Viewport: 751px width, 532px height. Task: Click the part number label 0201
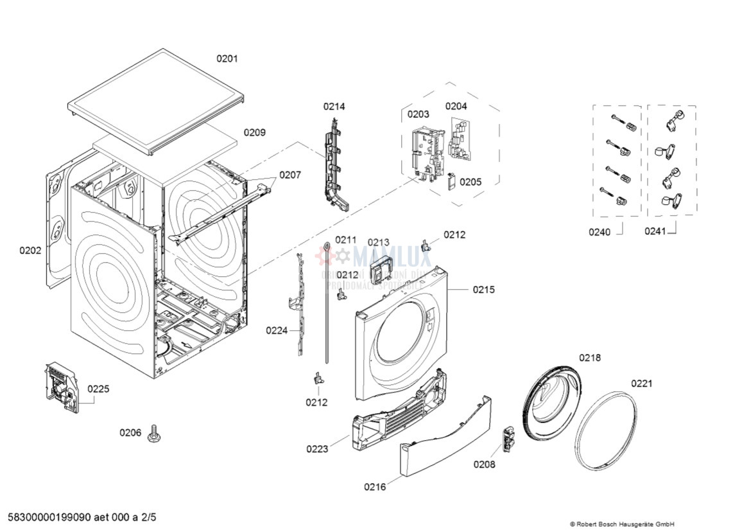[227, 58]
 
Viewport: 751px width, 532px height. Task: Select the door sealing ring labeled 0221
[605, 430]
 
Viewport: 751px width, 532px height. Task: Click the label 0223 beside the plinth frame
[317, 449]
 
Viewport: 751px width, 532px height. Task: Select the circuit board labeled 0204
[458, 140]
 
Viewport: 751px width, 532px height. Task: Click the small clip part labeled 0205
[451, 182]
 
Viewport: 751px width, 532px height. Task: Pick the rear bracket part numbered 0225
[61, 387]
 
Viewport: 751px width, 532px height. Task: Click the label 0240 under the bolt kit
[600, 232]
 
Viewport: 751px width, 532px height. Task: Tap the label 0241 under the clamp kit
[655, 231]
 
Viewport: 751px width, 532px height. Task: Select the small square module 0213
[383, 269]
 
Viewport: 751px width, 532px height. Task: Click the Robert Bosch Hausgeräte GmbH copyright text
[621, 524]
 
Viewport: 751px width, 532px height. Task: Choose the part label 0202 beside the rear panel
[30, 251]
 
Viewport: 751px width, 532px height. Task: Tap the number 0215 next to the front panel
[484, 290]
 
